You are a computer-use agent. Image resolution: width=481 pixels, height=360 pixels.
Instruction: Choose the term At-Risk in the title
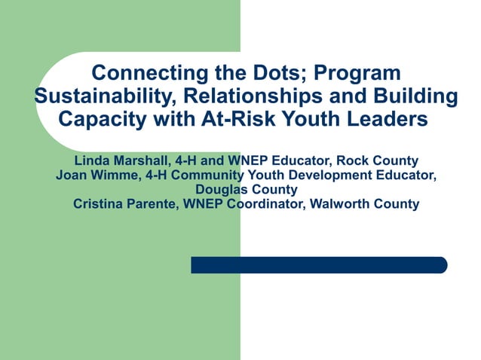coord(247,119)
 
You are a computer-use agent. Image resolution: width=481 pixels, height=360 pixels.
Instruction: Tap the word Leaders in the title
coord(391,119)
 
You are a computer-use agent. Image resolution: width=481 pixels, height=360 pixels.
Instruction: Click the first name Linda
coord(91,161)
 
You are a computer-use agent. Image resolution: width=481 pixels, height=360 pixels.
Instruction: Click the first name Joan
coord(72,175)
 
